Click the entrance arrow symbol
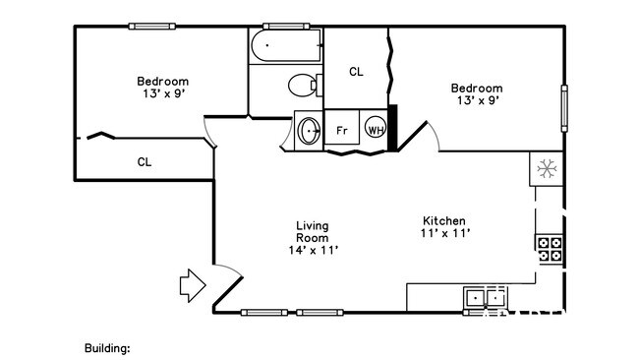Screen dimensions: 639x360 (x=193, y=286)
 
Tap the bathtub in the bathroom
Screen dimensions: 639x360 (x=286, y=45)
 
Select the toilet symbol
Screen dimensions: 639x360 (x=305, y=86)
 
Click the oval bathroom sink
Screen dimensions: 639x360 (x=309, y=131)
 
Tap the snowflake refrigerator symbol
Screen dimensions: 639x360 (x=547, y=169)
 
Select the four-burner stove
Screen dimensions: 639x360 (x=550, y=250)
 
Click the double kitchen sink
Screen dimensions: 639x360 (x=486, y=298)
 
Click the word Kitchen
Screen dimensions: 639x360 (x=443, y=221)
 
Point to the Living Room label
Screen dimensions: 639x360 (x=313, y=231)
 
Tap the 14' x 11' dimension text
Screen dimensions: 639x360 (x=314, y=251)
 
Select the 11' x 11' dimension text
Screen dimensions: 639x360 (x=445, y=233)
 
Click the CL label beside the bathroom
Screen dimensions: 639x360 (x=356, y=72)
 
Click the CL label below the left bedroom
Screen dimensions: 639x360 (x=145, y=162)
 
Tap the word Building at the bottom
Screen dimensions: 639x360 (x=107, y=348)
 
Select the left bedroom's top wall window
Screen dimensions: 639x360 (x=152, y=27)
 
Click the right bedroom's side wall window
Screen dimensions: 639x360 (x=564, y=108)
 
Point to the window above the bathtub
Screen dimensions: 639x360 (x=286, y=27)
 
